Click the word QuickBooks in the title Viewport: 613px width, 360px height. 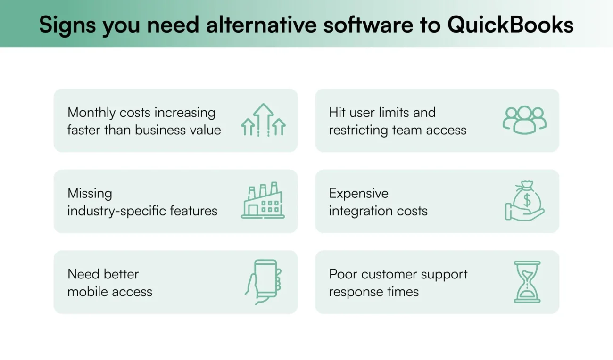point(510,25)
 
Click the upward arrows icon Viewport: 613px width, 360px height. point(263,120)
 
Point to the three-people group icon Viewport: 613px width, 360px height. point(524,120)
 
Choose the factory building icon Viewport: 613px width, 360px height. point(263,201)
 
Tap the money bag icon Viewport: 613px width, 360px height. point(525,201)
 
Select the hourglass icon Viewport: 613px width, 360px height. point(527,282)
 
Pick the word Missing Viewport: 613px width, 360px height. point(90,193)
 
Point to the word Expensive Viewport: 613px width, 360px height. point(358,193)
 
